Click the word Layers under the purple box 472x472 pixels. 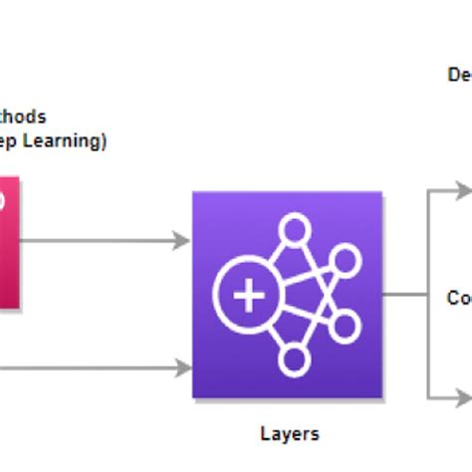[x=290, y=433]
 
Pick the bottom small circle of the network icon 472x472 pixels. [x=294, y=360]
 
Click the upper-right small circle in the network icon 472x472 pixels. [x=345, y=261]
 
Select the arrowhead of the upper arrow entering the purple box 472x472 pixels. [x=181, y=240]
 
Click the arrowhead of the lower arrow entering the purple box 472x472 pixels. [x=181, y=367]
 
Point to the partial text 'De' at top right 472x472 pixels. [x=459, y=75]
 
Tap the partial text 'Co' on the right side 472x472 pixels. [x=458, y=297]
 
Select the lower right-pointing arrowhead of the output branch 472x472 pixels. [x=464, y=395]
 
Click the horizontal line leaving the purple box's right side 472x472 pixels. [x=404, y=295]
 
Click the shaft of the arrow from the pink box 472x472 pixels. [x=100, y=240]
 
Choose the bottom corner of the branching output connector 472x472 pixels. [x=428, y=395]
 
